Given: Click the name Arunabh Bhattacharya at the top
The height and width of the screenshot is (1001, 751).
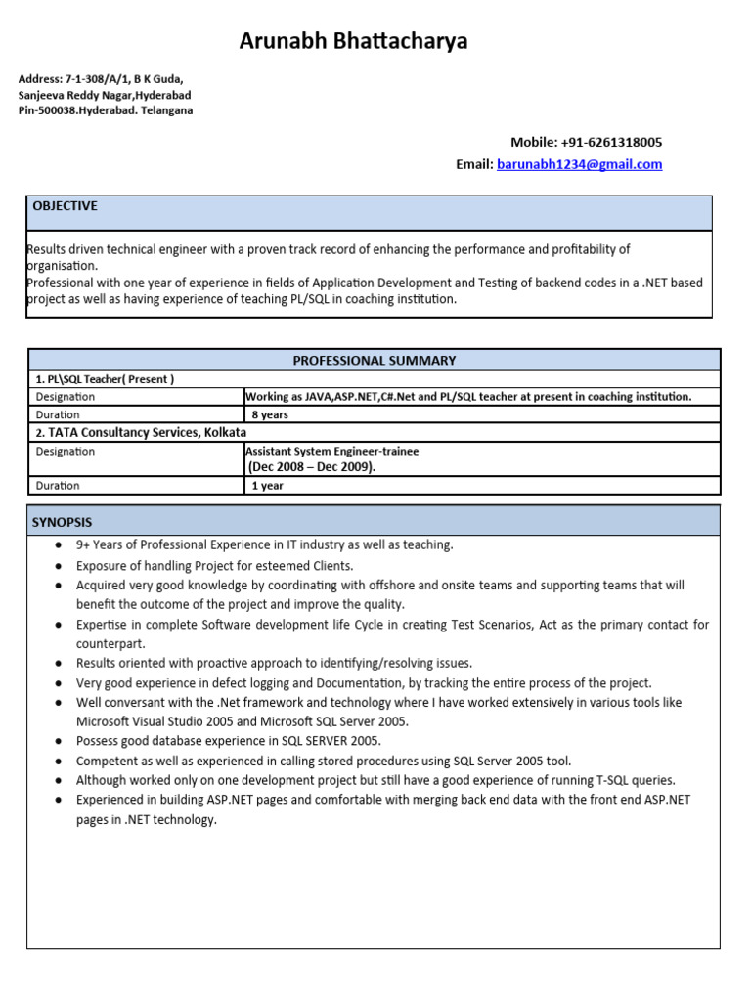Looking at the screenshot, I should tap(354, 41).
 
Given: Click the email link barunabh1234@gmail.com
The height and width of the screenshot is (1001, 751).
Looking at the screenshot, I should tap(579, 164).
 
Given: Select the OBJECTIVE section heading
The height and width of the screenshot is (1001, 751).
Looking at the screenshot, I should tap(66, 206).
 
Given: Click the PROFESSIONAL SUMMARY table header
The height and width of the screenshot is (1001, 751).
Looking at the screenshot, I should tap(375, 360).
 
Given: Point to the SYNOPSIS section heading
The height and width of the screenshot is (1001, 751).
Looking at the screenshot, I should tap(63, 523).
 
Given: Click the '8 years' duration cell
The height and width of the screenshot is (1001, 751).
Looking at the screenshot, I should tap(270, 414).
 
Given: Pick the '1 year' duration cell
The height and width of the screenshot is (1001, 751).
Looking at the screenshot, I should tap(267, 486).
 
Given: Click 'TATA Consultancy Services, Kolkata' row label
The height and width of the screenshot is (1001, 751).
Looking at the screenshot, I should tap(141, 432).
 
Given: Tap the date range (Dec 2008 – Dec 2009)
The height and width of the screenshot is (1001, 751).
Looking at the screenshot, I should tap(312, 467).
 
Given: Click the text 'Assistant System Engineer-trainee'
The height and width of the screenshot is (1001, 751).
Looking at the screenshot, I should tap(331, 452).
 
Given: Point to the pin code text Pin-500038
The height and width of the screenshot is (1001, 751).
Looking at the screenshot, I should tap(52, 110).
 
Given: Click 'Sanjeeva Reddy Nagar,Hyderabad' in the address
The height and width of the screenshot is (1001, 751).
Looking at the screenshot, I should tap(105, 95).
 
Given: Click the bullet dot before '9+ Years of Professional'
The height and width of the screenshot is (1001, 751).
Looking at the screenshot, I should tap(60, 545).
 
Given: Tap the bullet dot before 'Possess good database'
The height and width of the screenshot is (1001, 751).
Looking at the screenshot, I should tap(60, 742).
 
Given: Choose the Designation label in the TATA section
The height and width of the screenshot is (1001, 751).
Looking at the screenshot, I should tap(66, 452).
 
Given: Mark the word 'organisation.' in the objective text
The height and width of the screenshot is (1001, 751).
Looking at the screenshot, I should tap(63, 265).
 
